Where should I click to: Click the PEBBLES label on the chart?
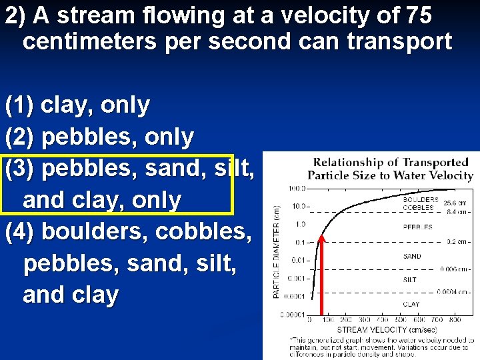pyautogui.click(x=418, y=227)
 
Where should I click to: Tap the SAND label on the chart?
pyautogui.click(x=412, y=256)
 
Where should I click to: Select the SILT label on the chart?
pyautogui.click(x=410, y=280)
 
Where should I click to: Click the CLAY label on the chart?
pyautogui.click(x=411, y=304)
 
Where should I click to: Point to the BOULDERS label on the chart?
pyautogui.click(x=421, y=199)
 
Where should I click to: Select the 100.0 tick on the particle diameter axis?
pyautogui.click(x=297, y=189)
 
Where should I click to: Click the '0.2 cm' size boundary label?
pyautogui.click(x=456, y=242)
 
